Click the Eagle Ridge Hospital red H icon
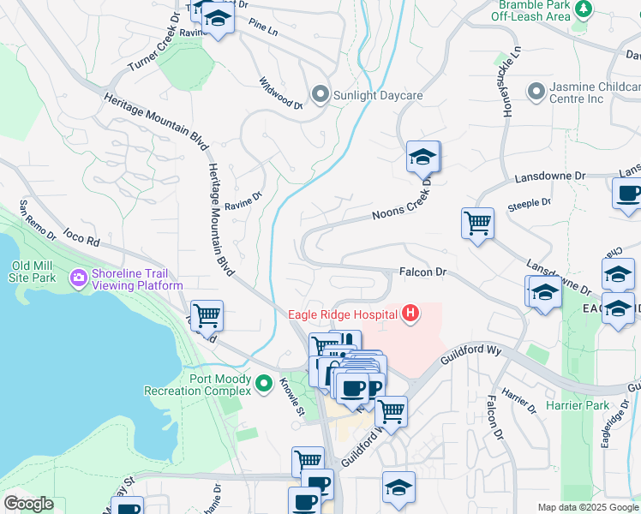point(410,314)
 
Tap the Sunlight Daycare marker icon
point(320,94)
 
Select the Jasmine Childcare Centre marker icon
point(536,91)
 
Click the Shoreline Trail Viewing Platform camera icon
point(80,278)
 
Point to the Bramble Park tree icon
point(584,9)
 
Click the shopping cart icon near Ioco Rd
point(207,314)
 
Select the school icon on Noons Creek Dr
point(423,157)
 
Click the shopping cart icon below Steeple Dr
point(477,224)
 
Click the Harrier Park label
point(585,405)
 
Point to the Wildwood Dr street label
point(281,93)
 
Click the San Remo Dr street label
point(37,221)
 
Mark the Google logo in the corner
point(28,504)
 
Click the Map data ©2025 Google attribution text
point(588,507)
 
